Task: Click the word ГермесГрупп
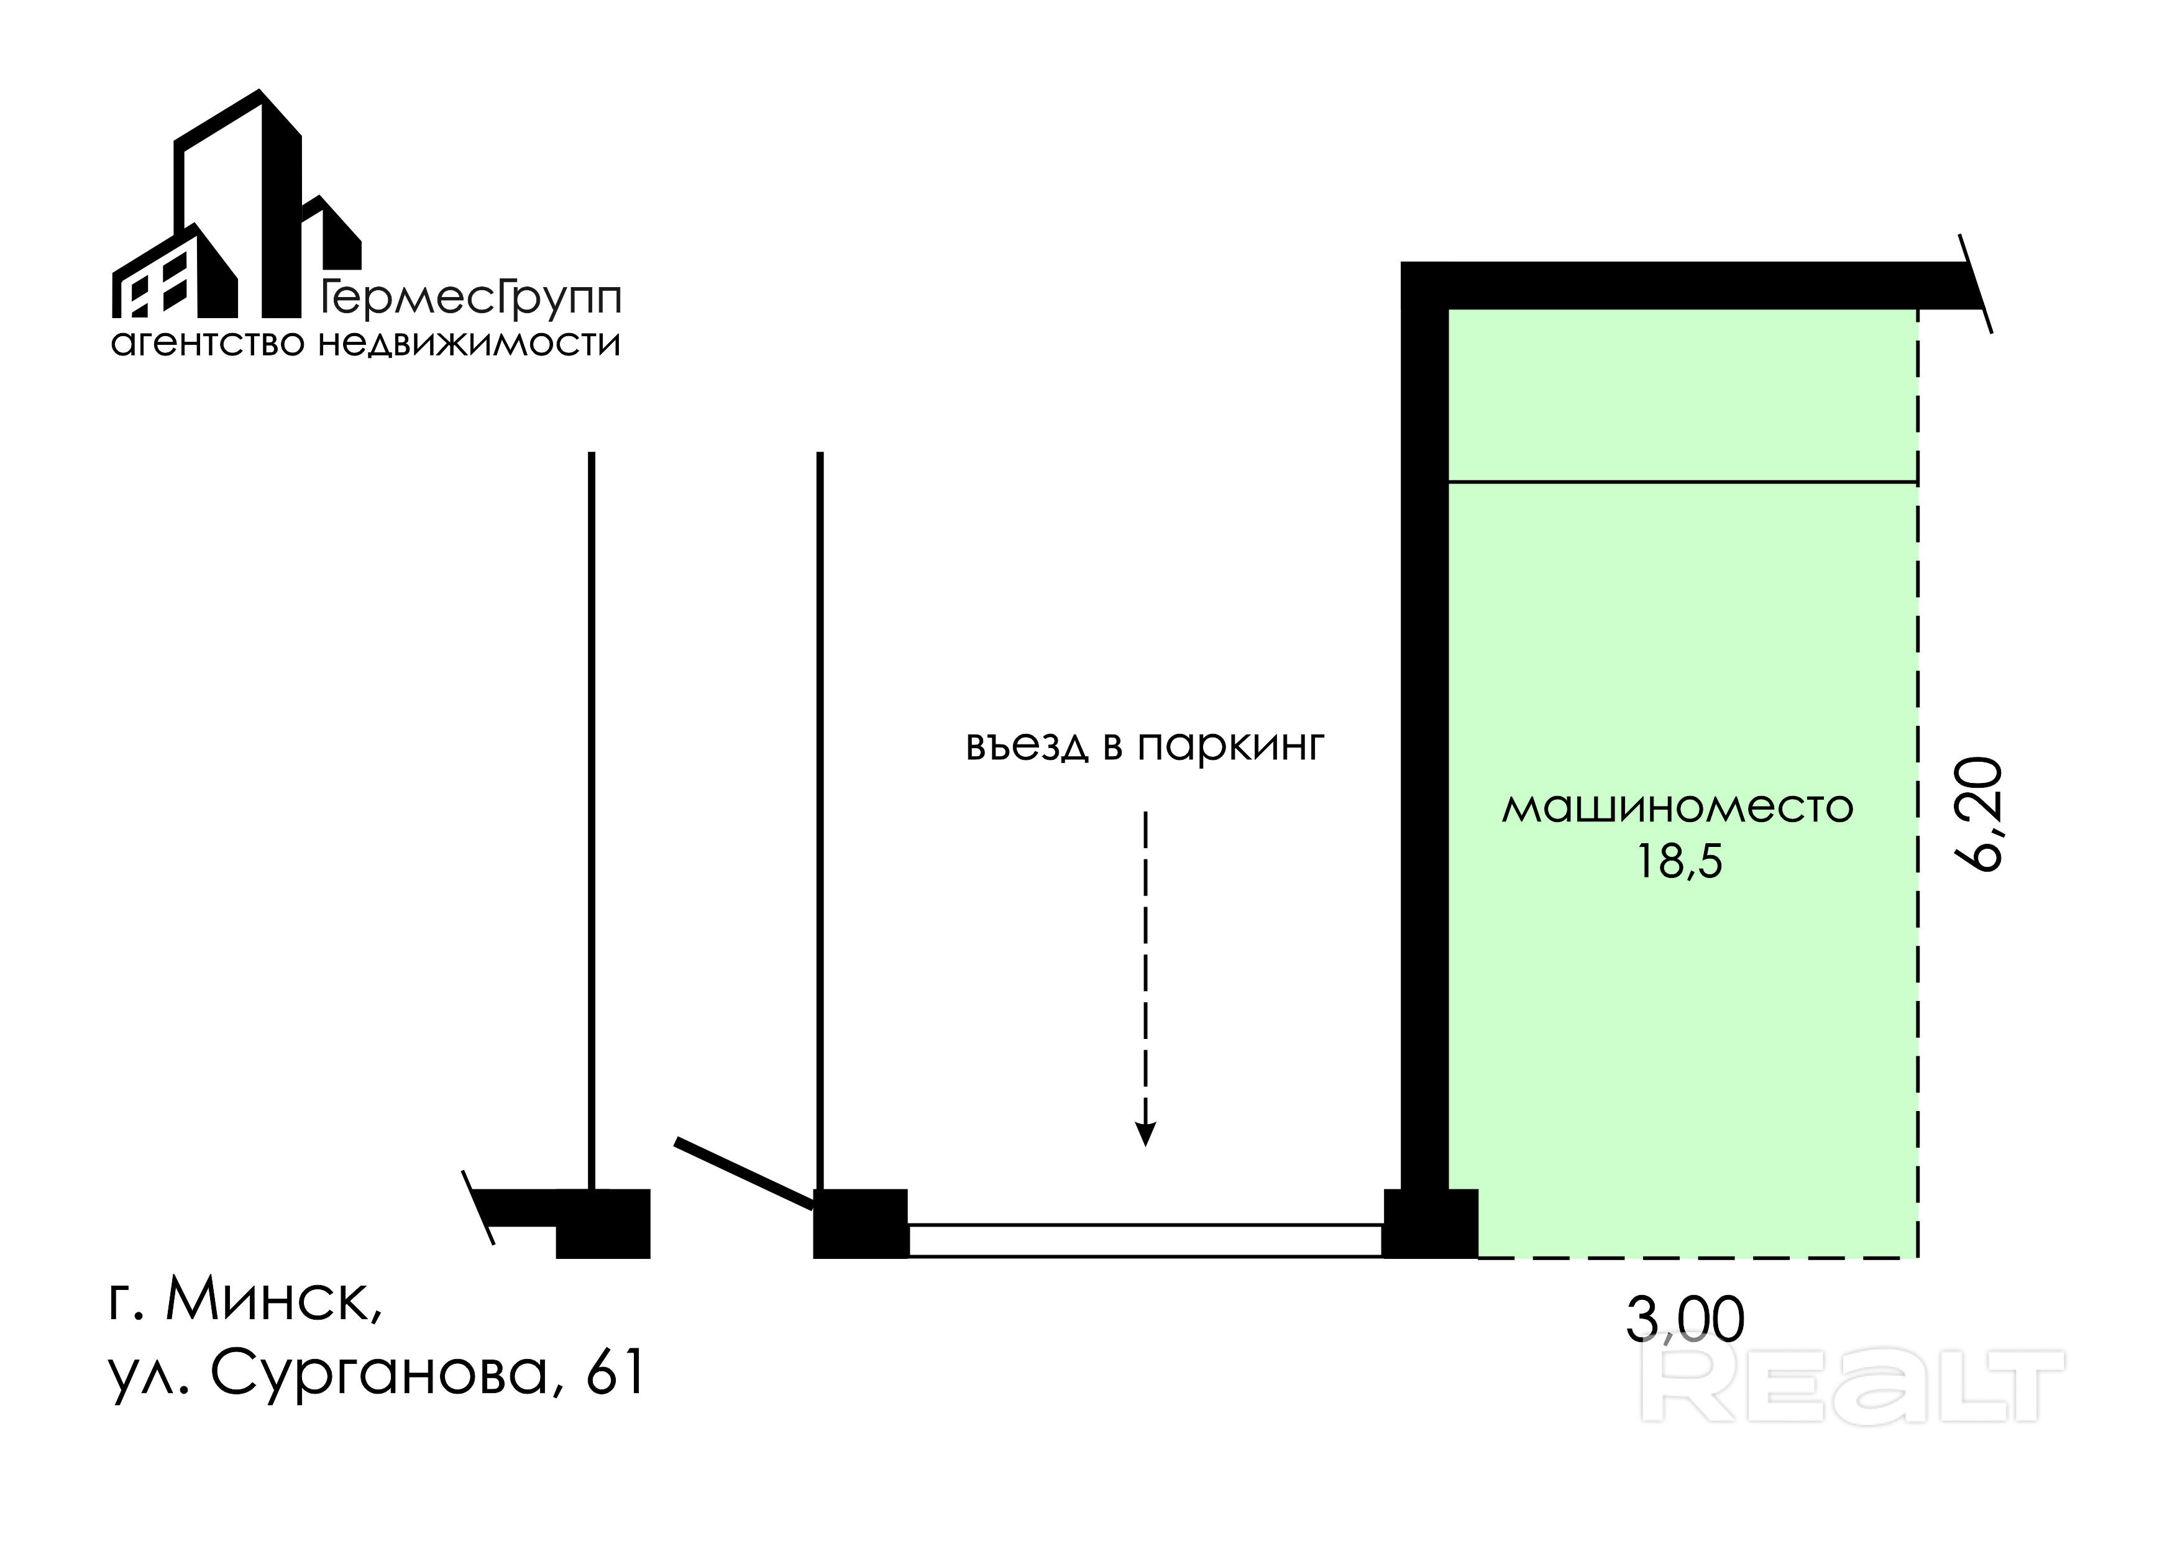click(471, 298)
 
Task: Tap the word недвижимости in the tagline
click(469, 343)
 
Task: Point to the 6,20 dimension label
click(1979, 814)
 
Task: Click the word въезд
click(1027, 746)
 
